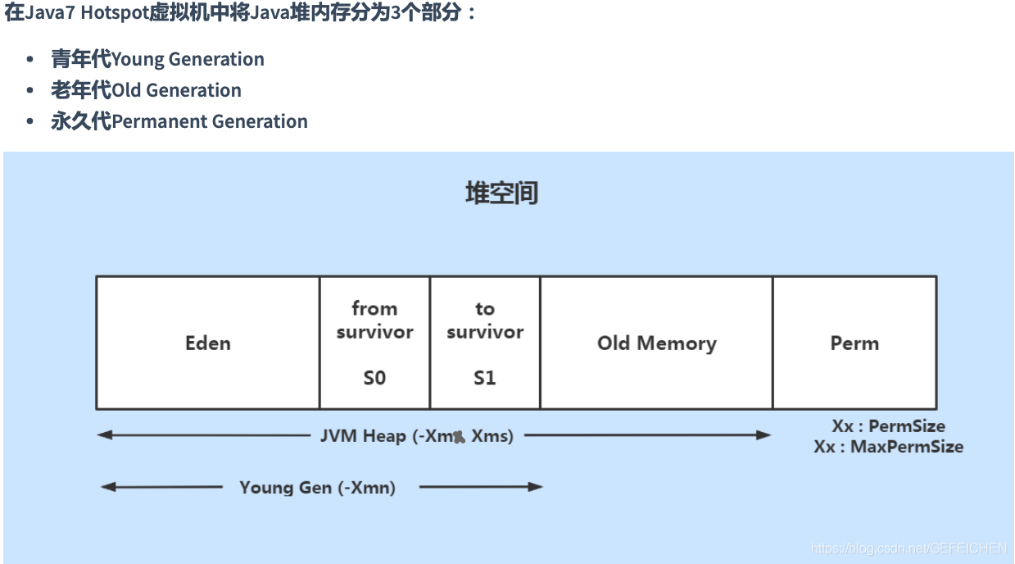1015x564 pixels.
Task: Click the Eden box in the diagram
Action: tap(207, 343)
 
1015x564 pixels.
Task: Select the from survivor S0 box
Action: tap(374, 343)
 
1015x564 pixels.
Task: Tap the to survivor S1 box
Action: tap(485, 343)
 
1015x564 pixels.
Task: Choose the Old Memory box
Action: tap(656, 343)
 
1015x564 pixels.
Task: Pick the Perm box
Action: tap(854, 343)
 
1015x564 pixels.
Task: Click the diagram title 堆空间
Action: tap(501, 193)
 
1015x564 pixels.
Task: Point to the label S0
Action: tap(374, 378)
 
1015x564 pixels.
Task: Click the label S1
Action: tap(485, 378)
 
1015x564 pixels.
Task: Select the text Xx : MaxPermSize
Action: tap(888, 447)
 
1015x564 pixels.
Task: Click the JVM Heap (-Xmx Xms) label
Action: tap(416, 436)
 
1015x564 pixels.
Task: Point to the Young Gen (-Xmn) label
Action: tap(317, 488)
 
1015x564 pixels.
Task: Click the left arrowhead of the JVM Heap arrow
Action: tap(104, 435)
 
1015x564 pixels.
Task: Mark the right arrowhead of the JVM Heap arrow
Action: tap(764, 435)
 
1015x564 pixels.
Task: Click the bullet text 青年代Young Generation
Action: tap(157, 59)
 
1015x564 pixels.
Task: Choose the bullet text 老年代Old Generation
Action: tap(146, 90)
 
